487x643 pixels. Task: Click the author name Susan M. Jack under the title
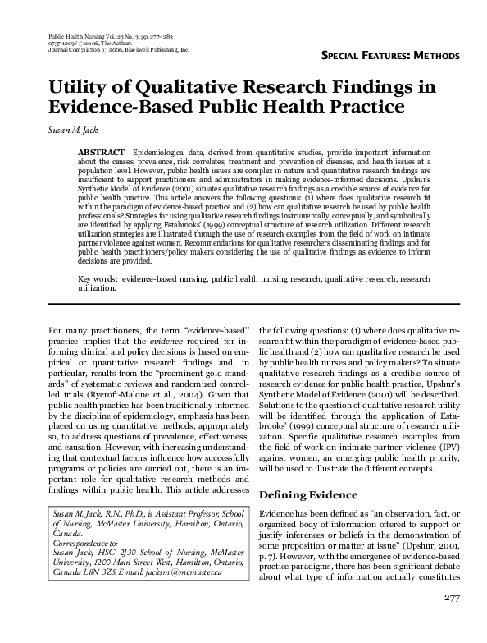pos(74,130)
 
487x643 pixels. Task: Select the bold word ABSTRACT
pos(101,154)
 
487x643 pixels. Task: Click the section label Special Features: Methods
pos(389,55)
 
